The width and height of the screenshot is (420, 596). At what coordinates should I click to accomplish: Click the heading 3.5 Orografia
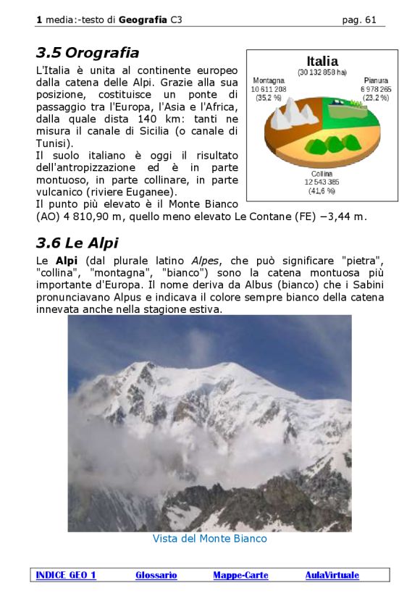(x=87, y=53)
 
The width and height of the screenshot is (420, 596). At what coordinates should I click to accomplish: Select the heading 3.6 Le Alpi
(x=77, y=243)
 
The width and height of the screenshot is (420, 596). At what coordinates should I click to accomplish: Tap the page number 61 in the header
(x=371, y=20)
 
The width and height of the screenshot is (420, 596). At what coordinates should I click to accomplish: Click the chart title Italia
(x=322, y=62)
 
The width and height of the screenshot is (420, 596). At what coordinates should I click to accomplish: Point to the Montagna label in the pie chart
(x=268, y=80)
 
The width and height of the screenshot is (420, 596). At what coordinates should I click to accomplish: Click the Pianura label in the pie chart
(x=376, y=80)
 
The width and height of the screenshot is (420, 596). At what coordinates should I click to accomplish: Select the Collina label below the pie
(x=322, y=174)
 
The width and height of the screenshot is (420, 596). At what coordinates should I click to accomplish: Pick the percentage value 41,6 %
(x=322, y=191)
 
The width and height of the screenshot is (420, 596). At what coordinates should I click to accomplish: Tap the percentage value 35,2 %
(x=268, y=98)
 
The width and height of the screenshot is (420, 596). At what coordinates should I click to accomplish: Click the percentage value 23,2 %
(x=376, y=98)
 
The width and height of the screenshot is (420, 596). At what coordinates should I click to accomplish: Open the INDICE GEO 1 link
(x=66, y=576)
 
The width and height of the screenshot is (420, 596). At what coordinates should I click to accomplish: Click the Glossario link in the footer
(x=156, y=576)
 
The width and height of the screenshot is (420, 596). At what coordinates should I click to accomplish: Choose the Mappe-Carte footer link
(x=240, y=576)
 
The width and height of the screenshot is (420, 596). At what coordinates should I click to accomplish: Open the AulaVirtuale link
(x=332, y=576)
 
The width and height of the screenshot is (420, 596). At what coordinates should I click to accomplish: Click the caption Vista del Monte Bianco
(x=209, y=539)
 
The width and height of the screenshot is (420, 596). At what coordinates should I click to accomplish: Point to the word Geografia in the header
(x=143, y=20)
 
